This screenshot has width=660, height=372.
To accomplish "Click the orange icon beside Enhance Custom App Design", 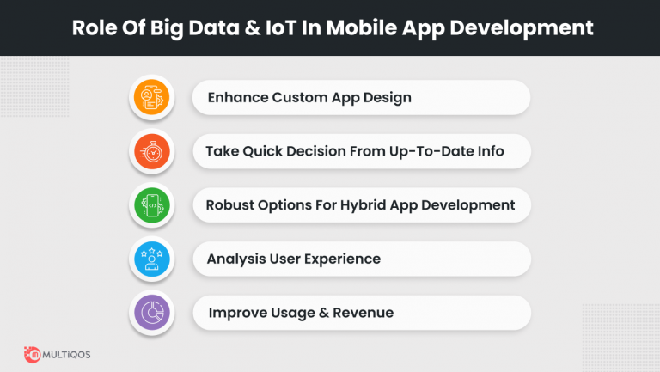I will point(151,98).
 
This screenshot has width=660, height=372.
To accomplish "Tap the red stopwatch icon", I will point(151,152).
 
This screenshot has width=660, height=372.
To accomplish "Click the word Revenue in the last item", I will point(364,313).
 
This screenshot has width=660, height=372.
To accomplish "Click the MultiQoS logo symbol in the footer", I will point(35,353).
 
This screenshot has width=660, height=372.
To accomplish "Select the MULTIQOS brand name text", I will point(76,354).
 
